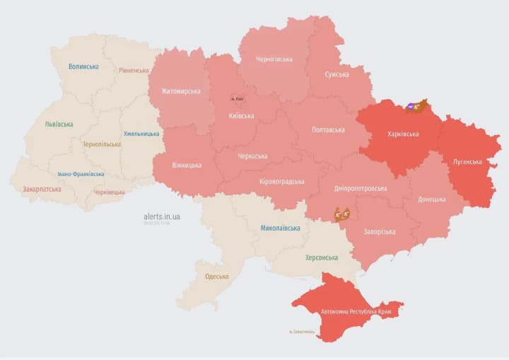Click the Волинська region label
click(83, 66)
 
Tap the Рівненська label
click(134, 70)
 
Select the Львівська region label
click(59, 124)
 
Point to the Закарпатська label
click(42, 189)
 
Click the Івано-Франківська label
click(81, 173)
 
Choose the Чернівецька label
click(109, 192)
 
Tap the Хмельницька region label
click(141, 133)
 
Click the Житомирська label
click(180, 91)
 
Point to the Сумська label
click(337, 74)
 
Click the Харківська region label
click(403, 134)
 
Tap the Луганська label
click(467, 161)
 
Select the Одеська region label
click(216, 277)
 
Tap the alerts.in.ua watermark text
click(162, 216)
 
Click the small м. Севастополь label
click(302, 332)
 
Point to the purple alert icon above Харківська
click(411, 107)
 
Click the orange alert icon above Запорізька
click(343, 214)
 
